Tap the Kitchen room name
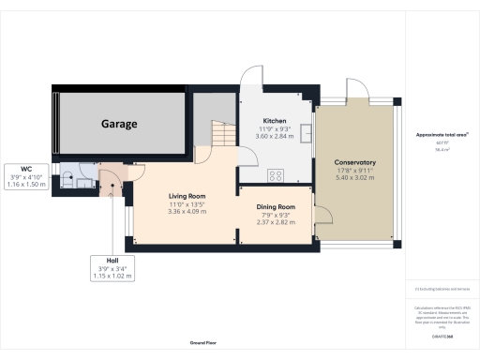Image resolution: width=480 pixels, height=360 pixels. tap(275, 121)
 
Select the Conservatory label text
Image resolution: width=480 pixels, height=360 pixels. tap(355, 162)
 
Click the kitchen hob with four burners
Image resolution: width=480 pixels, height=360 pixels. tap(277, 174)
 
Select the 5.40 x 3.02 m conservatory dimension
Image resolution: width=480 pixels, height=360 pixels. tap(355, 177)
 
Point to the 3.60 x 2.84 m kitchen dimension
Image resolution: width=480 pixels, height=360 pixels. tap(275, 136)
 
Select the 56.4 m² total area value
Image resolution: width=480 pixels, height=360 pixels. tap(435, 148)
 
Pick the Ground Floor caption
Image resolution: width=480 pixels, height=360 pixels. tap(203, 344)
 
